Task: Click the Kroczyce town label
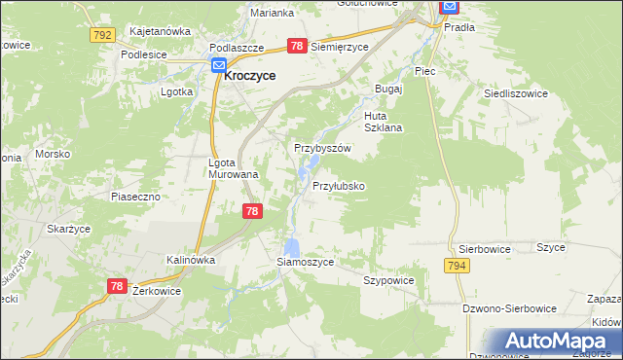(250, 74)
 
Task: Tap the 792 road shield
(101, 34)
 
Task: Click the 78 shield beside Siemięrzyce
(298, 46)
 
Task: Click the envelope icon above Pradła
(449, 8)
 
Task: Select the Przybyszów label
(322, 148)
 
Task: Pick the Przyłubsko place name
(339, 185)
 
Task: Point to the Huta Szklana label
(383, 121)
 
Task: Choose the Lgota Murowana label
(234, 168)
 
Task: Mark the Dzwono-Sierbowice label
(510, 308)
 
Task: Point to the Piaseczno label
(134, 196)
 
